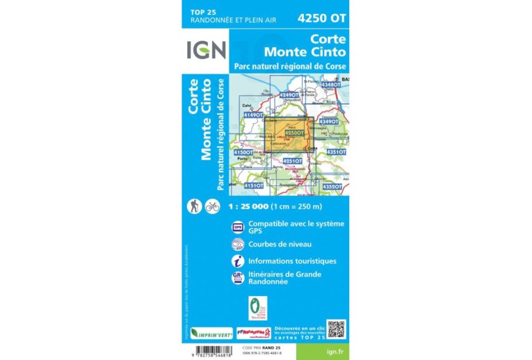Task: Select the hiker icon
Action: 195,206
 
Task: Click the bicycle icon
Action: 212,206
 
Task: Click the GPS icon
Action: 238,227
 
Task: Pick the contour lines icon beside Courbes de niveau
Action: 238,244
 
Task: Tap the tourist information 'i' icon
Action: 238,261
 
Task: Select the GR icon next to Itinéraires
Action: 238,277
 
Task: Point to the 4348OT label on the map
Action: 330,84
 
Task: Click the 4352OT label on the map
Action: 332,186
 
